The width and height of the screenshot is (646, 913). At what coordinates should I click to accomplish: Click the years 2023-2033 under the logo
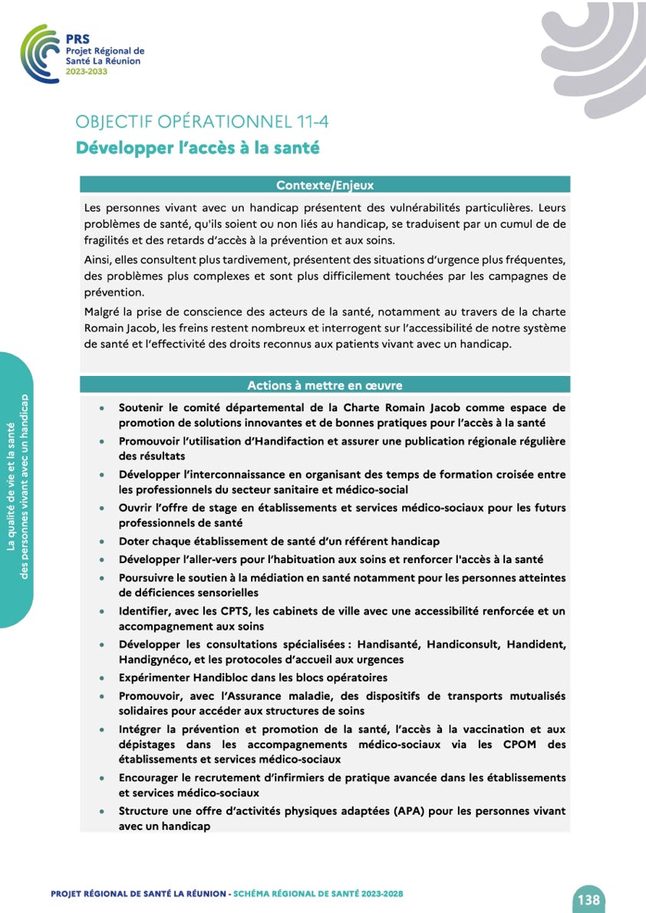[x=87, y=71]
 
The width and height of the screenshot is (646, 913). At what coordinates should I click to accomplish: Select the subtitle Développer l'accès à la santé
[x=197, y=148]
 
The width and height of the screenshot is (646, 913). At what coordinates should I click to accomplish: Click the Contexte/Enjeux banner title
[x=325, y=185]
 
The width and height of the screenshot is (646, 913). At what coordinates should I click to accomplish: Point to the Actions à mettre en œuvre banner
[x=325, y=385]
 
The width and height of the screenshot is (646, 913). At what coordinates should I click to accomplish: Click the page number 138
[x=589, y=899]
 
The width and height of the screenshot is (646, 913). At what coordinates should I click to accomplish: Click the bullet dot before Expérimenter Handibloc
[x=102, y=678]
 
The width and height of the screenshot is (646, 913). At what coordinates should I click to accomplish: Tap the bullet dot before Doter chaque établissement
[x=102, y=542]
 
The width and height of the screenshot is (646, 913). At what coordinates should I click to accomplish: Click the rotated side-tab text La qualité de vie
[x=11, y=491]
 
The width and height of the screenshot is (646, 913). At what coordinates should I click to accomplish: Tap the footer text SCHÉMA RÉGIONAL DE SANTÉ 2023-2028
[x=318, y=894]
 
